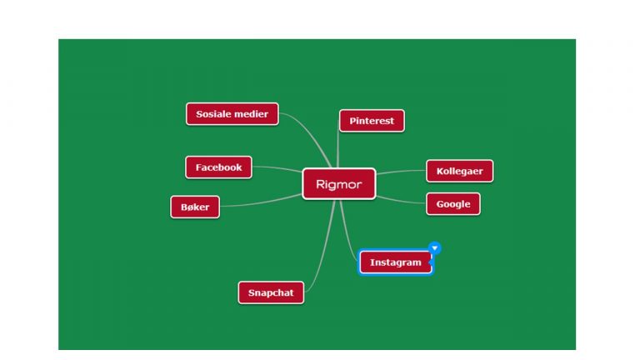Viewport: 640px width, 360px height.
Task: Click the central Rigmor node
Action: (339, 184)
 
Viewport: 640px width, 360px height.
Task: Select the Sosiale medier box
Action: (232, 114)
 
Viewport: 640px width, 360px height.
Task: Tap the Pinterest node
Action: (372, 121)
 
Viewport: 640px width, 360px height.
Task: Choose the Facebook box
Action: (219, 167)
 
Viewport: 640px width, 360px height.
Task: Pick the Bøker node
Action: (195, 207)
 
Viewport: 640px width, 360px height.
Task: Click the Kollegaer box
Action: (460, 171)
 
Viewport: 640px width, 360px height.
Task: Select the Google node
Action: (453, 204)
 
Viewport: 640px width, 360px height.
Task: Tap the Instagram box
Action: (396, 262)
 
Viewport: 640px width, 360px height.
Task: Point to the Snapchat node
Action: (271, 292)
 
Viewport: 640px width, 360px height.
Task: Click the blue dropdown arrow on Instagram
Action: (435, 247)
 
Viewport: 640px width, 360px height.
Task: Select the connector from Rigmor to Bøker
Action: (261, 202)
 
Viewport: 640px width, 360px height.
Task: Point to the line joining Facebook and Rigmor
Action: (277, 167)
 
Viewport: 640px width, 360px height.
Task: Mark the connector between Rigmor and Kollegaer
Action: (401, 172)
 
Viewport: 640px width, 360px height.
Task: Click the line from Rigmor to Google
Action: (401, 201)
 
